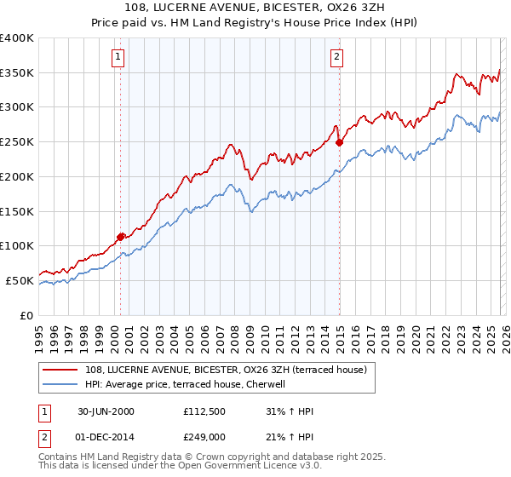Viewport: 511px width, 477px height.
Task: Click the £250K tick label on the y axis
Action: coord(17,141)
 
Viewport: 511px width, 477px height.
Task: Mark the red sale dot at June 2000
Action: coord(121,237)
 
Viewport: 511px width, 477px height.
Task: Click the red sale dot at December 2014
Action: coord(339,142)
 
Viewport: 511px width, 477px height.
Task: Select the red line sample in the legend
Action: coord(61,370)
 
